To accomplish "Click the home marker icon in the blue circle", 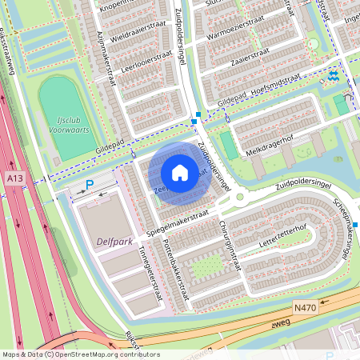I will click(180, 172).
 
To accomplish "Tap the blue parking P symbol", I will click(90, 185).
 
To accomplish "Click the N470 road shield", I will click(305, 307).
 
